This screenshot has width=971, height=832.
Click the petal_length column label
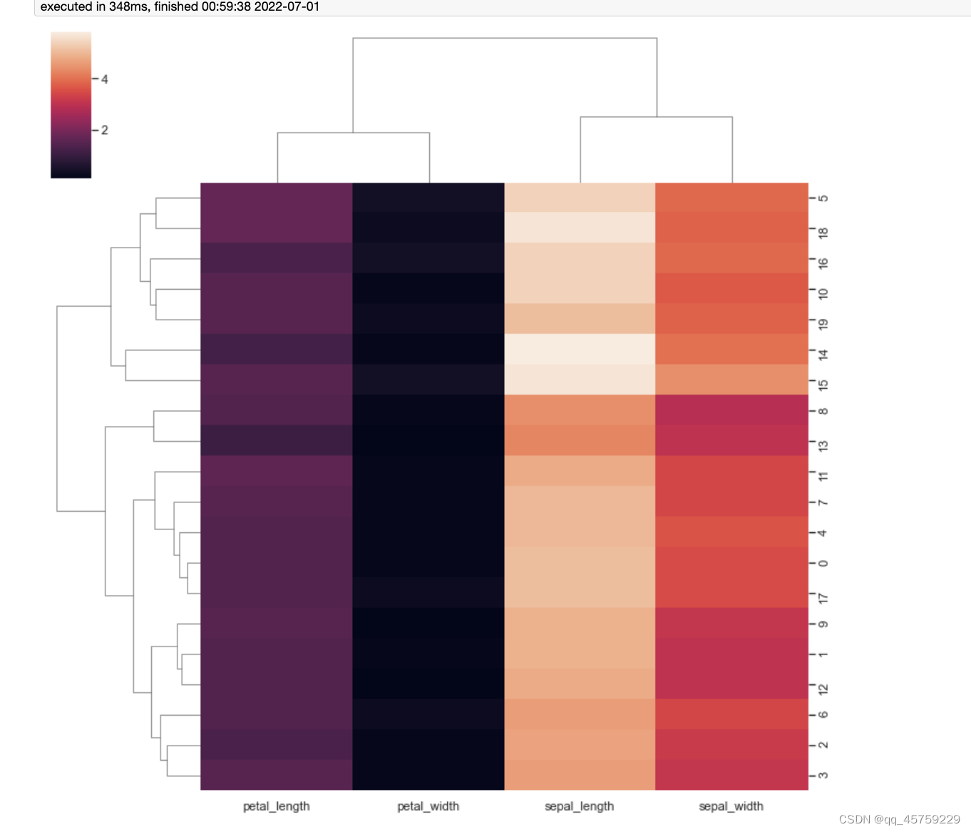[x=277, y=806]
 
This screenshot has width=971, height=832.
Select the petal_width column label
[x=428, y=806]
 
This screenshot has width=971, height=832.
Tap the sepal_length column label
[x=579, y=806]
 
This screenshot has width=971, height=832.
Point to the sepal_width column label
[x=731, y=806]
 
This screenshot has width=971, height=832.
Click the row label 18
[x=823, y=232]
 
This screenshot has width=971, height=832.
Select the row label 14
[x=823, y=353]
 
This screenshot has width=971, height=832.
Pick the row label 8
[x=823, y=411]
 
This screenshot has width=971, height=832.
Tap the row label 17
[x=823, y=597]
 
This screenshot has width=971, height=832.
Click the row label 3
[x=823, y=776]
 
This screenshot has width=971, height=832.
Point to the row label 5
[x=823, y=198]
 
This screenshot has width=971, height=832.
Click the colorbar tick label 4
[x=104, y=79]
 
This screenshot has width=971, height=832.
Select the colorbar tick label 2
[x=104, y=130]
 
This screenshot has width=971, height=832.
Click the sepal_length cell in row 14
[x=580, y=349]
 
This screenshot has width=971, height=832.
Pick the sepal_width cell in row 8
[x=731, y=410]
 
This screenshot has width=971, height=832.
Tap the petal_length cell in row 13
[x=277, y=440]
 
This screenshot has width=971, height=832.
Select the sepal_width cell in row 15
[x=731, y=380]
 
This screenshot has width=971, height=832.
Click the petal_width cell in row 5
[x=428, y=198]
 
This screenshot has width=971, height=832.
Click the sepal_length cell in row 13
[x=580, y=440]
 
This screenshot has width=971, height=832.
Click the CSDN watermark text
[x=900, y=819]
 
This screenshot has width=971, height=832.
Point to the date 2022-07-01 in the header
[x=287, y=7]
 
